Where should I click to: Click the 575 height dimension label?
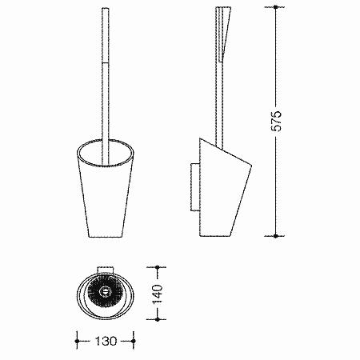click(x=276, y=121)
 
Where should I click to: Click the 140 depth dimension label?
click(x=157, y=294)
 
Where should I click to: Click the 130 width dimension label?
click(x=106, y=341)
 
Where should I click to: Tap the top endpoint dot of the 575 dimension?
click(x=276, y=7)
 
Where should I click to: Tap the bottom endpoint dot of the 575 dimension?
click(x=276, y=236)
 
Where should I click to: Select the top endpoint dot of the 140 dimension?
click(x=157, y=267)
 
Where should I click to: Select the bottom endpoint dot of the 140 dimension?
click(x=157, y=319)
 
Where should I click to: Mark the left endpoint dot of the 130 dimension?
click(x=78, y=341)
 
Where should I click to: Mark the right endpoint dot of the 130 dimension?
click(x=134, y=341)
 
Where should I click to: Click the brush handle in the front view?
click(x=106, y=86)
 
